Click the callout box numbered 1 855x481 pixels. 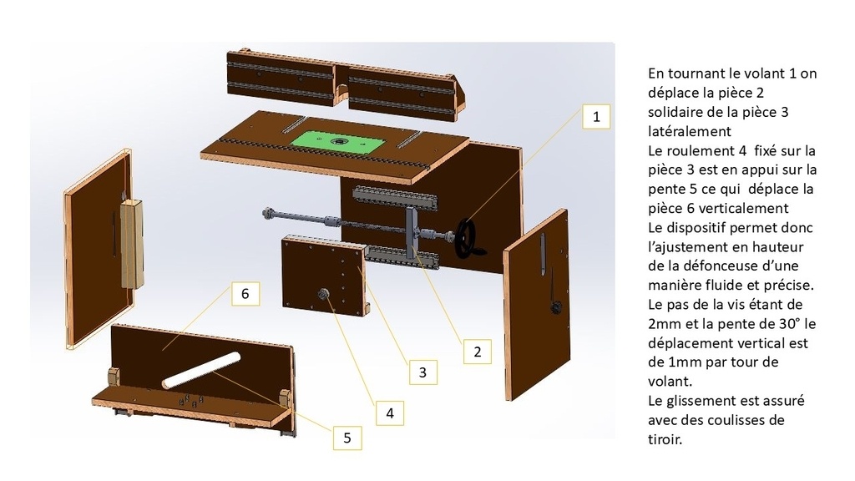tap(596, 116)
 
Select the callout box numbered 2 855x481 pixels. tap(477, 352)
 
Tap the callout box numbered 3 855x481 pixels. tap(422, 372)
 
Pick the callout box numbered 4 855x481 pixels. tap(390, 413)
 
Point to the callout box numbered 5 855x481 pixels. tap(347, 438)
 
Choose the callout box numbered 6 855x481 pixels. tap(245, 293)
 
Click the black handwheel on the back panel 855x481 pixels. tap(468, 238)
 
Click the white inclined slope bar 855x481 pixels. tap(200, 370)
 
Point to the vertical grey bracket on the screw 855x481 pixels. tap(412, 234)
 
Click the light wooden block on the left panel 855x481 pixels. tap(131, 243)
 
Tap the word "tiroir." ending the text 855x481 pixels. tap(665, 439)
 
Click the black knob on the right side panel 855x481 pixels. tap(555, 308)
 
